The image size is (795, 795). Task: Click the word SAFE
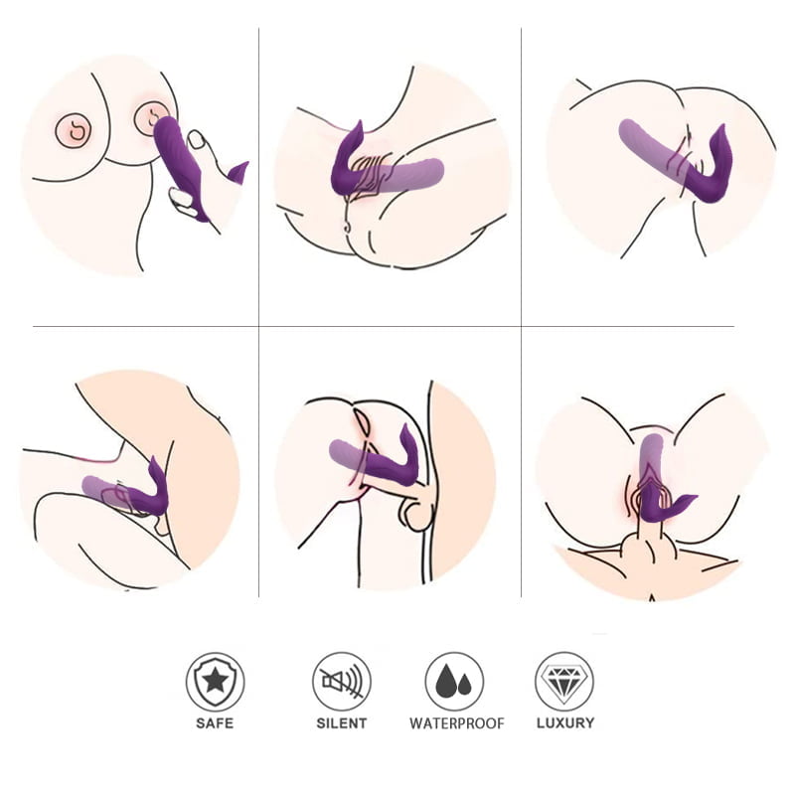[215, 723]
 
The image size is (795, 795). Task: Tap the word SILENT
[341, 723]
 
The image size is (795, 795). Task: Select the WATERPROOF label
[456, 723]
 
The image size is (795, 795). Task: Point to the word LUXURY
[564, 723]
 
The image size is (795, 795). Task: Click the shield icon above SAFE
[215, 682]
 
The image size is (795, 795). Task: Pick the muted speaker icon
[341, 682]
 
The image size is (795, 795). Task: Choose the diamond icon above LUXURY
[564, 682]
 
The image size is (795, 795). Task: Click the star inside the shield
[215, 681]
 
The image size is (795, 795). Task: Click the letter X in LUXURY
[563, 723]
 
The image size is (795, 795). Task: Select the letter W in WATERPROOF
[416, 723]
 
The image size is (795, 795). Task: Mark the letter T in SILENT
[363, 723]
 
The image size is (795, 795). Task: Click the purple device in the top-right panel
[676, 159]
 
